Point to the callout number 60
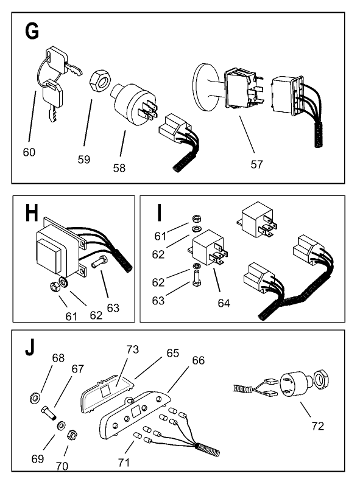pyautogui.click(x=29, y=152)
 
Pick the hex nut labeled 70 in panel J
pyautogui.click(x=71, y=434)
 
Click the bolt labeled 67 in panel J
pyautogui.click(x=49, y=416)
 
